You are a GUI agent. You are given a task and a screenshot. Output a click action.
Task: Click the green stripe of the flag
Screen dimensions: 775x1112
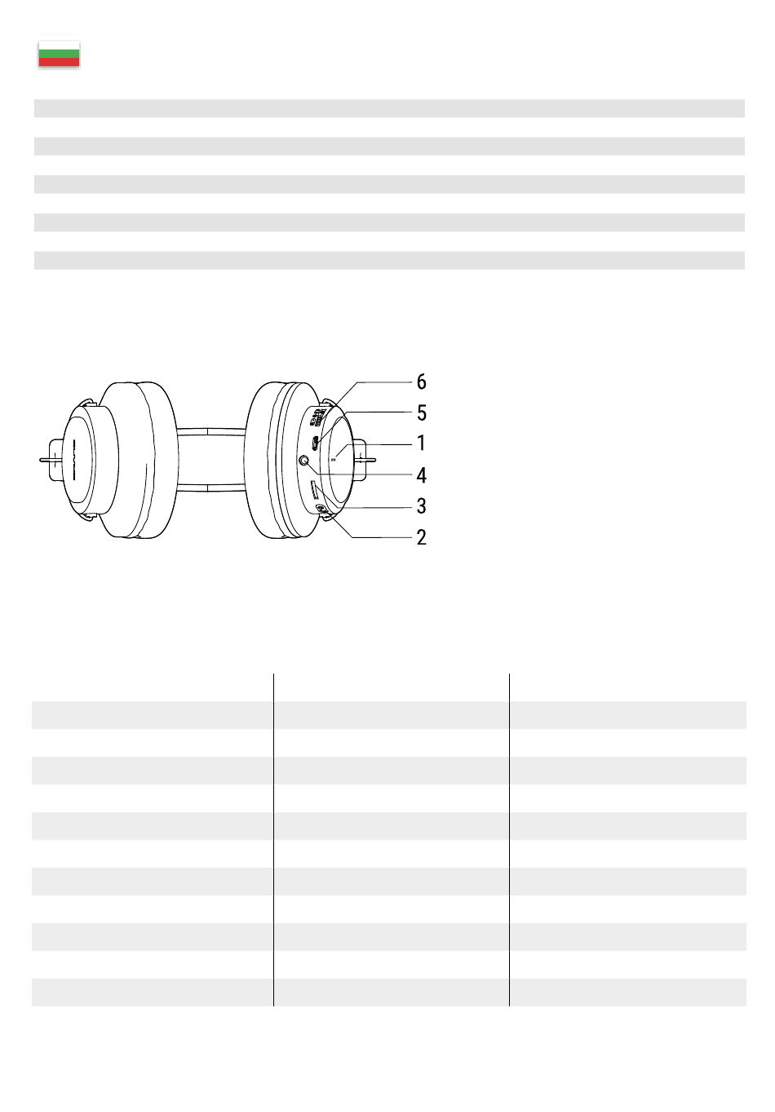click(x=59, y=54)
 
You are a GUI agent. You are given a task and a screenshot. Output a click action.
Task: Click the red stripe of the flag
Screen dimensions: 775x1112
click(x=59, y=62)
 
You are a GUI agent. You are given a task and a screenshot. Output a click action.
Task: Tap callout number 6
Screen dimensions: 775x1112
click(x=421, y=382)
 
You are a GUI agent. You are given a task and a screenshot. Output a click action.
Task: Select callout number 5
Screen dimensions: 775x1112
click(x=421, y=413)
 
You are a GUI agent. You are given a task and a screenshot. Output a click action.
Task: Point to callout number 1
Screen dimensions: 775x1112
click(x=421, y=443)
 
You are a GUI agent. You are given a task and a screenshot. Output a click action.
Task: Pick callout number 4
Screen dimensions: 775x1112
click(x=421, y=475)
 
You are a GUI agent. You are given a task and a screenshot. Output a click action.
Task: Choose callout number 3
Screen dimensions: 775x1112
click(x=421, y=505)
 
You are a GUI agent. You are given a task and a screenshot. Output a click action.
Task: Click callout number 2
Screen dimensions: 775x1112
click(x=421, y=537)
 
